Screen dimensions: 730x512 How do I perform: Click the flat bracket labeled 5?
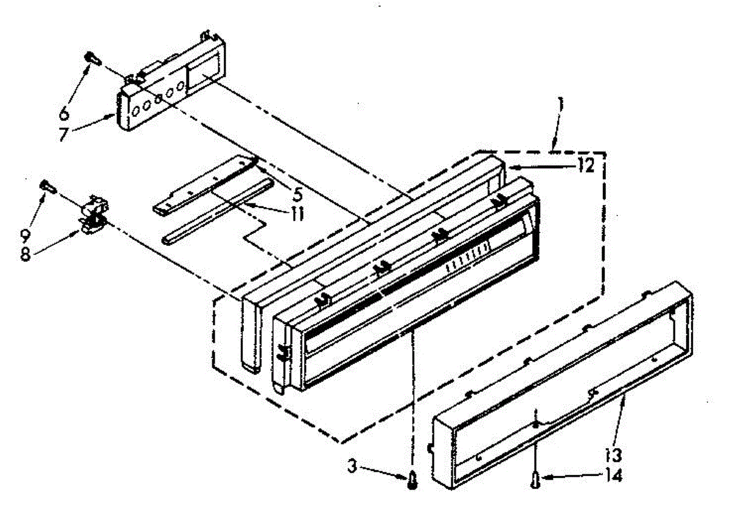click(x=201, y=183)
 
